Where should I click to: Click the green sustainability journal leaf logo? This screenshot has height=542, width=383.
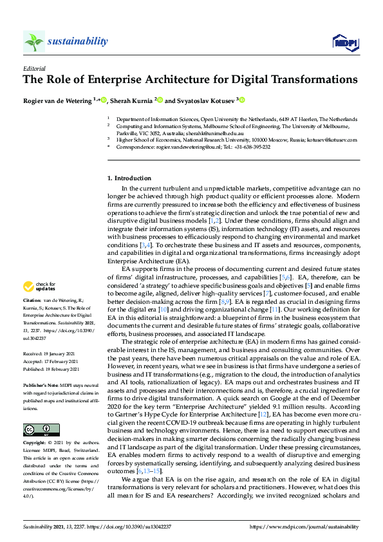33,41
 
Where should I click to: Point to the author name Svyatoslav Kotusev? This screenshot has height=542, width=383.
204,100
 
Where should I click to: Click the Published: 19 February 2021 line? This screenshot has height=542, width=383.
51,369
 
